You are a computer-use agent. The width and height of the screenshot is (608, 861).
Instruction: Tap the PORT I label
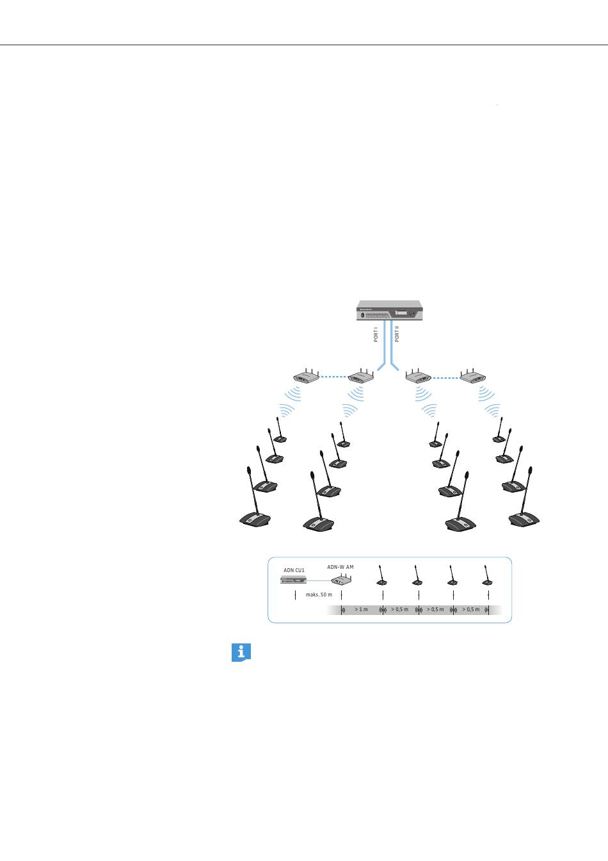point(376,334)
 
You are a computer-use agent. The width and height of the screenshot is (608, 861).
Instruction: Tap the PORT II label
point(397,334)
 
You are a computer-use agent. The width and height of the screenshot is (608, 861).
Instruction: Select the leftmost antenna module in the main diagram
point(306,377)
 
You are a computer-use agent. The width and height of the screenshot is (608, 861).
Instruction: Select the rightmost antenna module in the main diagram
point(474,377)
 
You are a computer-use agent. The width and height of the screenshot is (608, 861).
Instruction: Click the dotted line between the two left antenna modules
point(333,377)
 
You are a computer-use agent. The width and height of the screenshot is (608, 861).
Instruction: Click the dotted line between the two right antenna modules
point(445,377)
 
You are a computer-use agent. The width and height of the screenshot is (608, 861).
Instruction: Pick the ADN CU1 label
point(294,570)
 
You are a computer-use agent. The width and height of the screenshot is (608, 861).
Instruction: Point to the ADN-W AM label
point(340,567)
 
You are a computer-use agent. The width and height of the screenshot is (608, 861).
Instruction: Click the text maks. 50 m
point(319,595)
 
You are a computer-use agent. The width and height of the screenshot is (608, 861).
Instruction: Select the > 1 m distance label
point(362,609)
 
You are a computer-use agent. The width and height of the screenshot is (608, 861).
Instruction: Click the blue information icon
point(241,653)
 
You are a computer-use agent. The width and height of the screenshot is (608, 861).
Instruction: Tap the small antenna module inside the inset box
point(341,580)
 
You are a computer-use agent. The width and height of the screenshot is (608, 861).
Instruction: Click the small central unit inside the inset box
point(294,580)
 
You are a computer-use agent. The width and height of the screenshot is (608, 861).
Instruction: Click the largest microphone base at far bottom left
point(255,519)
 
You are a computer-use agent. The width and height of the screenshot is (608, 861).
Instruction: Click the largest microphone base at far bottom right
point(524,518)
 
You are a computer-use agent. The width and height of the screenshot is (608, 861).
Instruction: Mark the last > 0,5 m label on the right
point(471,609)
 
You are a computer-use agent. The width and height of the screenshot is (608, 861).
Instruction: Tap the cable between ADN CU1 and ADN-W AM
point(319,580)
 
